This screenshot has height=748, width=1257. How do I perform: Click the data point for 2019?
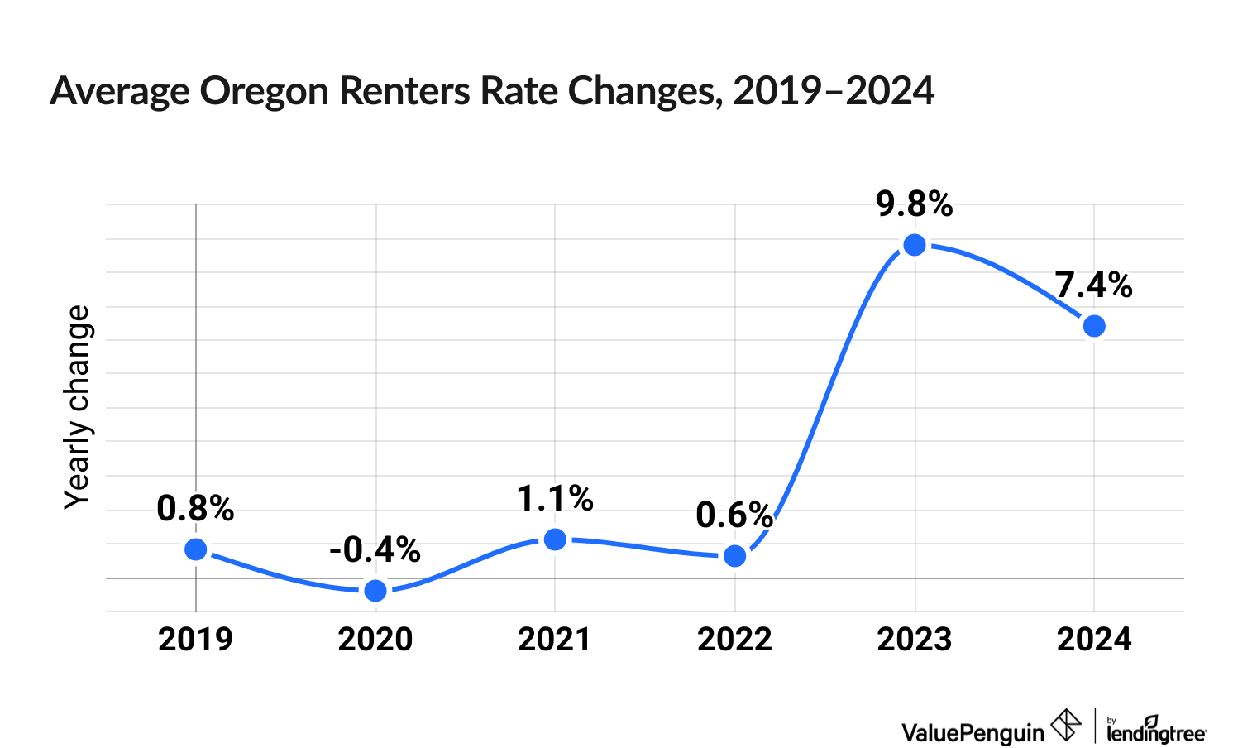(x=196, y=549)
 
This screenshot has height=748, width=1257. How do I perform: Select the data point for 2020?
(x=375, y=590)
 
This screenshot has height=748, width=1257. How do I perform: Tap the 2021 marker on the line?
(x=556, y=539)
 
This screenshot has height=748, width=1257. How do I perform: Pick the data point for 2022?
(x=734, y=556)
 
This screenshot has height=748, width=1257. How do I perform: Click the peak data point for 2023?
(x=915, y=245)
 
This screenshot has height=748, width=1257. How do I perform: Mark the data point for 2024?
(x=1094, y=326)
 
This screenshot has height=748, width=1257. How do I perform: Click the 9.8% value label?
(x=915, y=204)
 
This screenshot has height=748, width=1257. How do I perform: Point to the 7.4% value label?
(x=1093, y=285)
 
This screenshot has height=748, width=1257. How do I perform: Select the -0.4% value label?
(x=375, y=549)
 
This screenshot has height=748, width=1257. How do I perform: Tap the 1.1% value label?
(x=555, y=499)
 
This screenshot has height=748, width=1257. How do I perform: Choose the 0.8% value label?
(x=195, y=509)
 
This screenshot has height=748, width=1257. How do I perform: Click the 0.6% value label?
(x=734, y=515)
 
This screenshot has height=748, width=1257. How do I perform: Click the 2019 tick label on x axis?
(x=195, y=640)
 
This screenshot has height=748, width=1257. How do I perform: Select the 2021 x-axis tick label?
(x=555, y=640)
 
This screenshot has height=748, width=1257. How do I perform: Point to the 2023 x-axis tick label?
(x=915, y=640)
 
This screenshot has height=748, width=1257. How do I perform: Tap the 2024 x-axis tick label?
(x=1094, y=640)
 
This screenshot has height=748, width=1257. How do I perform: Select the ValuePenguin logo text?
(x=973, y=732)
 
